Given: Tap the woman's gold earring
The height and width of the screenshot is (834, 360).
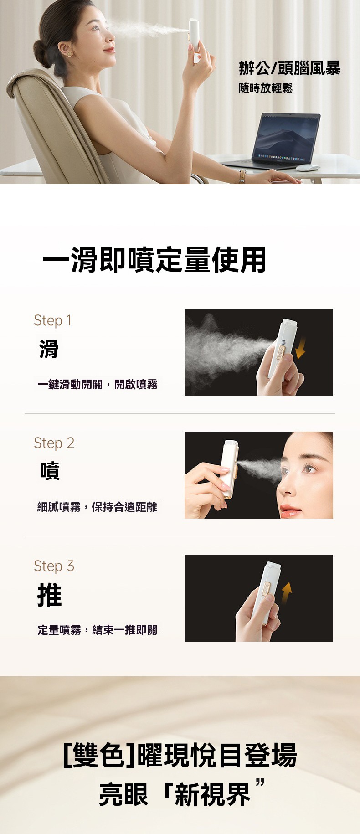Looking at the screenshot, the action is (x=70, y=53).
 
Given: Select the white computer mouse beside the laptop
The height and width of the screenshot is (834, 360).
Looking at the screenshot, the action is (x=307, y=168).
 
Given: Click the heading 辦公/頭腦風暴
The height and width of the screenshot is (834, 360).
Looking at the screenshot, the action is (x=290, y=68).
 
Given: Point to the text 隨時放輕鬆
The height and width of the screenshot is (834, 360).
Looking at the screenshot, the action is (x=266, y=88).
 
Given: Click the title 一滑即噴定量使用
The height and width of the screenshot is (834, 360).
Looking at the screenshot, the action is (x=154, y=260).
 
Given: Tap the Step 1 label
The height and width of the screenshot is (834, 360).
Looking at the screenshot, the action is (x=52, y=321).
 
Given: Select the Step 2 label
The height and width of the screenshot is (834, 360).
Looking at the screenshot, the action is (x=54, y=443).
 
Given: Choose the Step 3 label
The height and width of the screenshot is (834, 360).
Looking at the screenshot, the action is (x=54, y=566).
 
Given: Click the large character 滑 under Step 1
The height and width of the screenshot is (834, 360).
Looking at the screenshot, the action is (x=48, y=349).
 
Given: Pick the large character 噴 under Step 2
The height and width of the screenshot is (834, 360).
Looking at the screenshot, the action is (x=50, y=471).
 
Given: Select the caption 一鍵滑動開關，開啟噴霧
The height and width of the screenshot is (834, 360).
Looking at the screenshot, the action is (x=98, y=384).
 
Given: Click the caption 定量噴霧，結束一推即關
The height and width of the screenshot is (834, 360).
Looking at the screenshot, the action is (x=98, y=630).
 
